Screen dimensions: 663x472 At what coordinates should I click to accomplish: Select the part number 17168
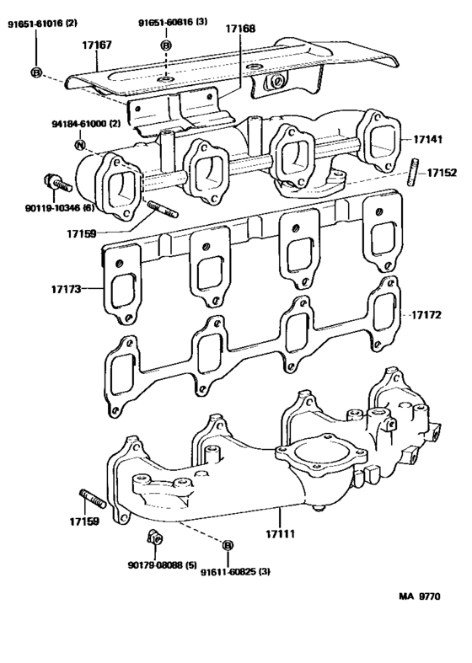tap(242, 31)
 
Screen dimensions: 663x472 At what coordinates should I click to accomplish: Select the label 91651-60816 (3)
tap(169, 22)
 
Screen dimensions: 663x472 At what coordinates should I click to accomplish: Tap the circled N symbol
tap(80, 145)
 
